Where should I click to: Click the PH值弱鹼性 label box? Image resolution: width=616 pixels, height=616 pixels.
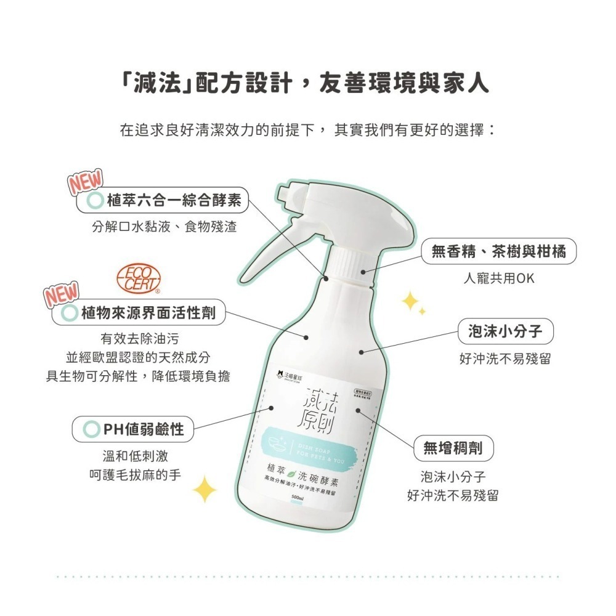point(132,429)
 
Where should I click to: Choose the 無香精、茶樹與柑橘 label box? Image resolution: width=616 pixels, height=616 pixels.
point(498,251)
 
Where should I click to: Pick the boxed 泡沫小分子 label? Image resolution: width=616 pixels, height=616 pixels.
point(506,332)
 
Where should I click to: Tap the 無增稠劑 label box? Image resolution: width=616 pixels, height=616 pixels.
point(453,448)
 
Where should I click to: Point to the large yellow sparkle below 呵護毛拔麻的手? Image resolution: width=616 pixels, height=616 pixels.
point(205,490)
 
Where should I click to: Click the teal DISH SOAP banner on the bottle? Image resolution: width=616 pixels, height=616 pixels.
point(308,448)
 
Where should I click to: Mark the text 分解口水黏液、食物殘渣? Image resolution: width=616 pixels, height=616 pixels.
point(164,226)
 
